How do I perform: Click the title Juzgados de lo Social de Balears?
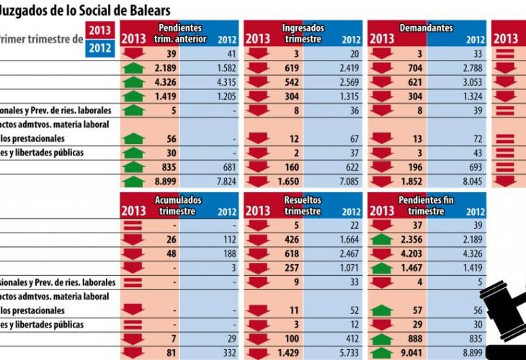[85, 11]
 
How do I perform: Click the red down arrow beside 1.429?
[258, 354]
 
